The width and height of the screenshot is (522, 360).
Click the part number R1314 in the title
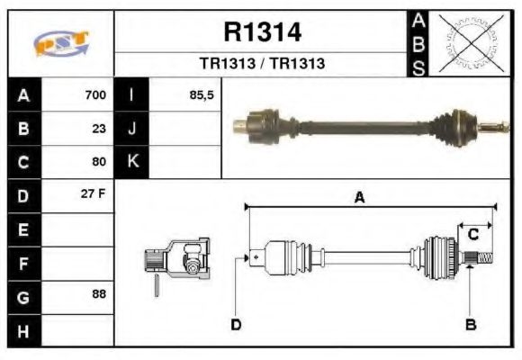point(262,33)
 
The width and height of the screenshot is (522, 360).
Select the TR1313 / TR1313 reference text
point(262,65)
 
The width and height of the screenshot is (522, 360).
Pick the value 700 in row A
point(94,95)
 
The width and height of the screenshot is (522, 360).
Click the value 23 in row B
point(99,129)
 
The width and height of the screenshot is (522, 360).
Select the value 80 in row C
point(99,162)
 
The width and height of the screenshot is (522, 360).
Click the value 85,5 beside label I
point(202,95)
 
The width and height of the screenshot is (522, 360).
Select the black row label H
point(23,329)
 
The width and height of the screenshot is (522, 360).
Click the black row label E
point(23,229)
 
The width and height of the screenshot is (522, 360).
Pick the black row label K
point(131,162)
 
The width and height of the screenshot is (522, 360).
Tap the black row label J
point(131,129)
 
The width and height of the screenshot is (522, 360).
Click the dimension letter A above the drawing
point(359,198)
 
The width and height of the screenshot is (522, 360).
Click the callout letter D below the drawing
point(235,324)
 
